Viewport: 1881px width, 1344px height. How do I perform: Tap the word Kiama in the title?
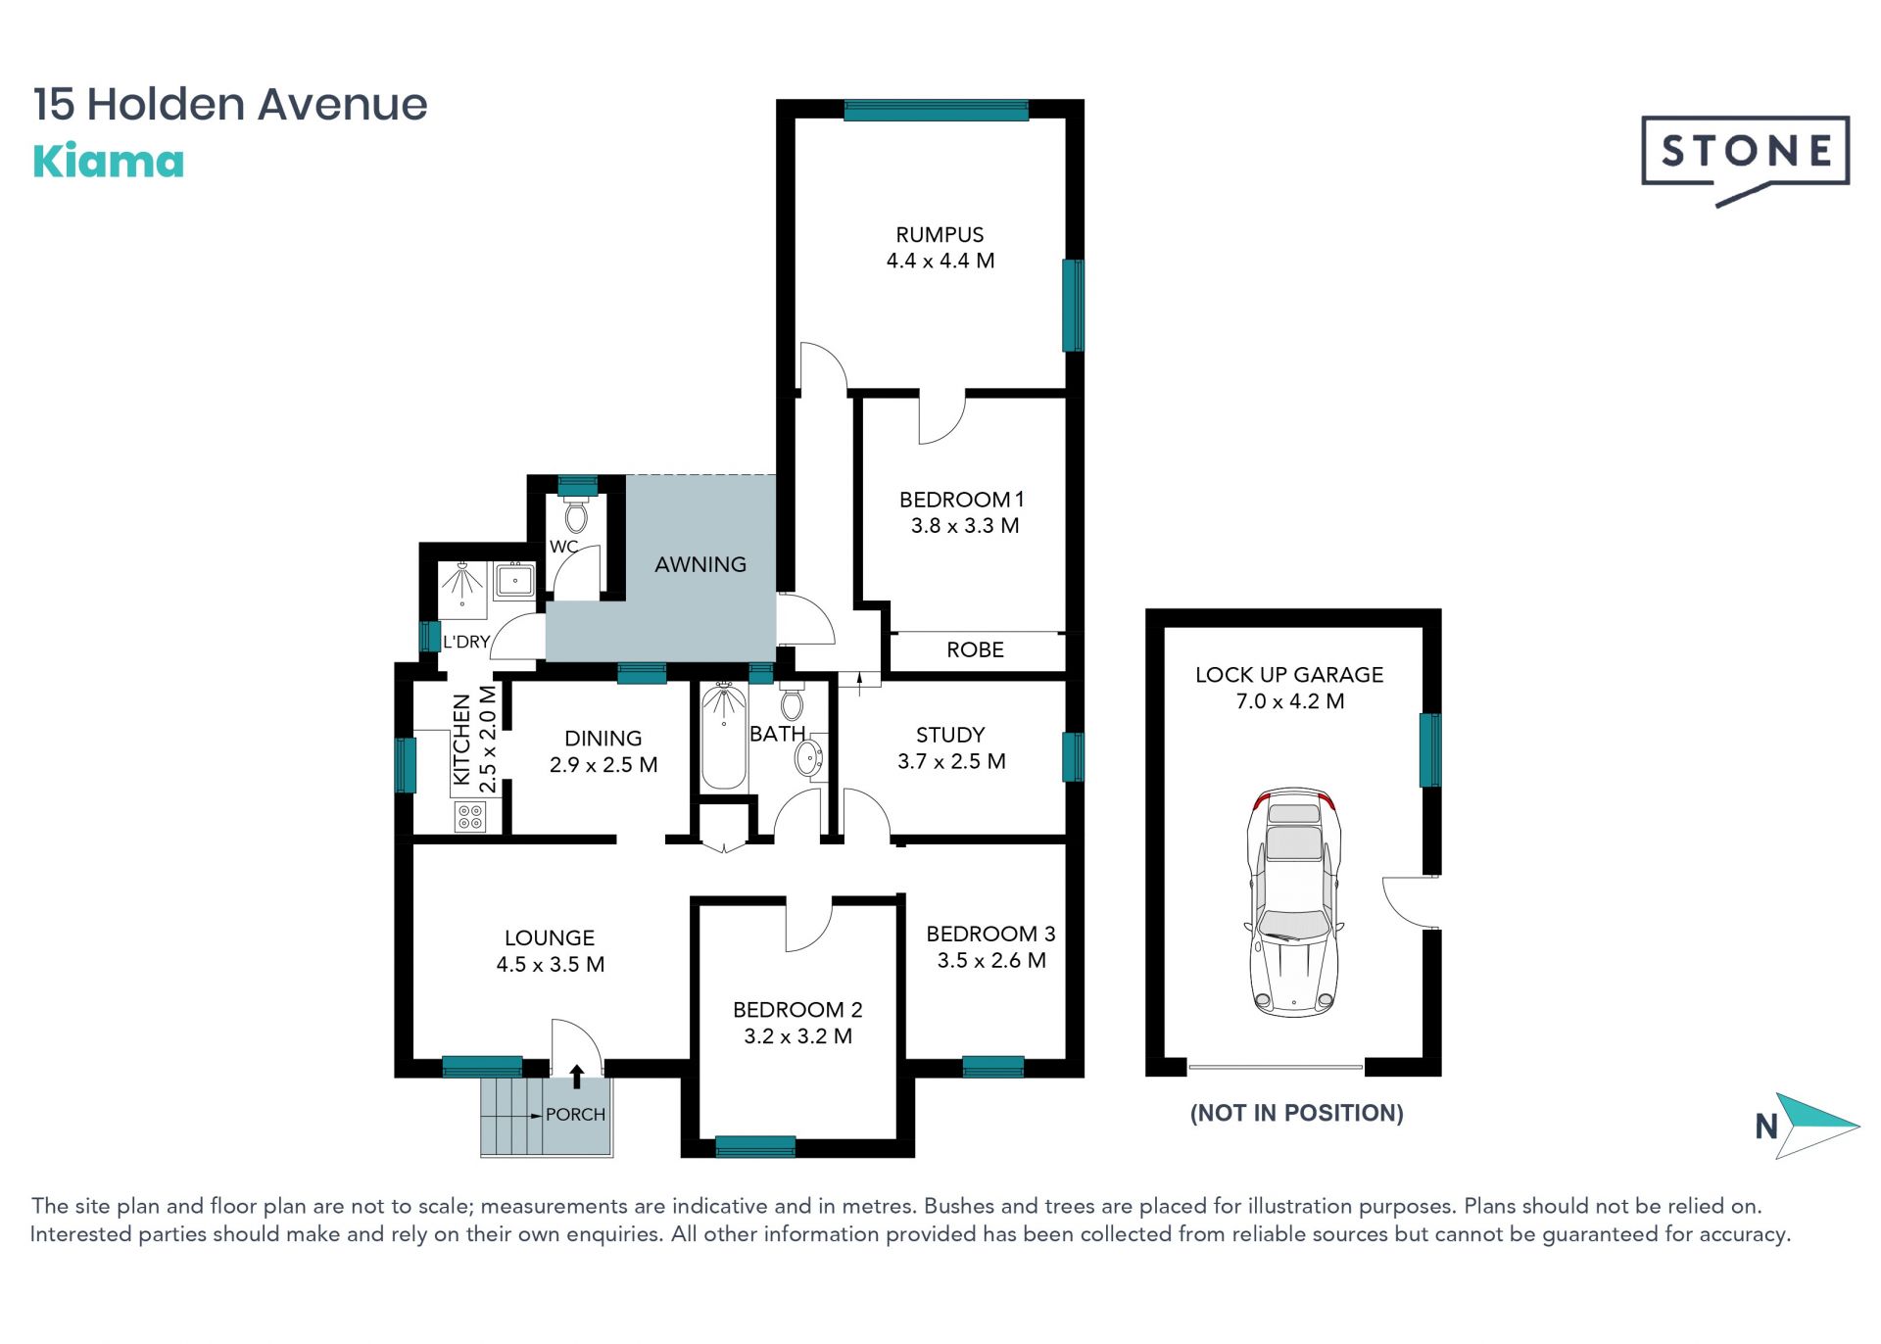pyautogui.click(x=109, y=162)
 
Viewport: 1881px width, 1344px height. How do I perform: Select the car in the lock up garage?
pyautogui.click(x=1293, y=901)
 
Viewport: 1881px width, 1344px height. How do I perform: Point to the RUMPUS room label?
pyautogui.click(x=940, y=235)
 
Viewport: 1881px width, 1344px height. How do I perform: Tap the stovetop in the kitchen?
pyautogui.click(x=470, y=817)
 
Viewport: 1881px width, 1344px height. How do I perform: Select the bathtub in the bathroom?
pyautogui.click(x=724, y=736)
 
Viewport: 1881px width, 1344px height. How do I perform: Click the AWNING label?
pyautogui.click(x=700, y=564)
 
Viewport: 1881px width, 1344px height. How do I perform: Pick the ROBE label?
pyautogui.click(x=975, y=649)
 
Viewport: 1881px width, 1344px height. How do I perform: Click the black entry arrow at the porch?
pyautogui.click(x=577, y=1077)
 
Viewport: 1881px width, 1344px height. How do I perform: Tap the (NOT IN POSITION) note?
pyautogui.click(x=1296, y=1113)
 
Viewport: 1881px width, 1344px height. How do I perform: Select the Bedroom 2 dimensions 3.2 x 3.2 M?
pyautogui.click(x=797, y=1036)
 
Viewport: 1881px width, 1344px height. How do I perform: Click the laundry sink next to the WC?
pyautogui.click(x=514, y=580)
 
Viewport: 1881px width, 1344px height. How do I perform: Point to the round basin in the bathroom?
pyautogui.click(x=808, y=758)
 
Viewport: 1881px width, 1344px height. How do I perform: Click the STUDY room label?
pyautogui.click(x=950, y=735)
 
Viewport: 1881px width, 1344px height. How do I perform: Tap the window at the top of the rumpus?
pyautogui.click(x=936, y=110)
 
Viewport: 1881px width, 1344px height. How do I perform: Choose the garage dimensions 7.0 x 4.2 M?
pyautogui.click(x=1289, y=701)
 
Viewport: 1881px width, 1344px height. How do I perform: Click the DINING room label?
pyautogui.click(x=603, y=739)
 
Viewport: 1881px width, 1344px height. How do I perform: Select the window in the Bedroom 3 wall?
pyautogui.click(x=992, y=1066)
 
